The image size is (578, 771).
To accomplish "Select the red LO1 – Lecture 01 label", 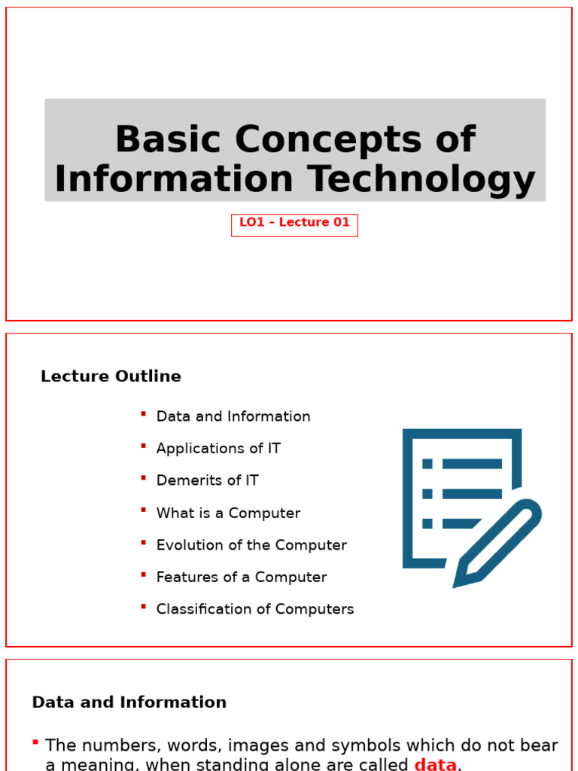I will click(x=294, y=223).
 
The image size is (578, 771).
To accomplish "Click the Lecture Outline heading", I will click(x=111, y=376).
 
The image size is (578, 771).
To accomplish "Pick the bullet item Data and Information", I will click(x=233, y=416).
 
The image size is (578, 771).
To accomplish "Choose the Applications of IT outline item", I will click(x=218, y=449).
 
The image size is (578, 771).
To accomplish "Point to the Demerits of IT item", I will click(x=207, y=480).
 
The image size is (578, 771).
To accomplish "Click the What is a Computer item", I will click(x=228, y=513).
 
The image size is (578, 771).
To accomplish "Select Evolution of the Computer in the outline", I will click(x=251, y=545).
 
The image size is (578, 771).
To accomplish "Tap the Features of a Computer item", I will click(x=242, y=577).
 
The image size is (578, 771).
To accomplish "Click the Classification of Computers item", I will click(x=255, y=609).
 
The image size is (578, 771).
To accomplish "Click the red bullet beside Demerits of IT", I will click(x=143, y=477).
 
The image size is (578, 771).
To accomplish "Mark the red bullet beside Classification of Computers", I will click(x=143, y=606).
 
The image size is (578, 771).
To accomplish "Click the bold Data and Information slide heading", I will click(x=129, y=702).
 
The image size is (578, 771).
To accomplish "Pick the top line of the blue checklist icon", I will click(x=472, y=464).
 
